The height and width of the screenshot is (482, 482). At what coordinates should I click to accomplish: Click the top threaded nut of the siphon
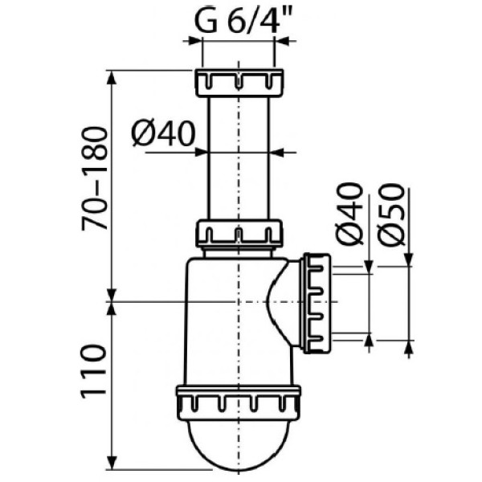pyautogui.click(x=239, y=82)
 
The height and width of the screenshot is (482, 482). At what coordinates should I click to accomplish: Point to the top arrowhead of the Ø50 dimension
pyautogui.click(x=409, y=257)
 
